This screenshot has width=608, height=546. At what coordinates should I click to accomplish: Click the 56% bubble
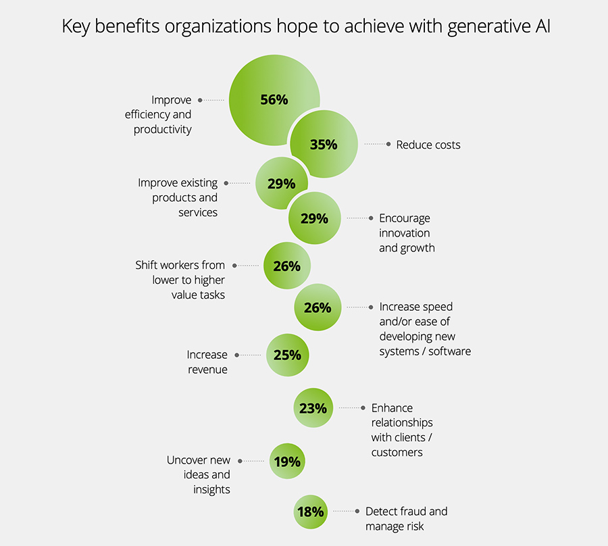point(274,99)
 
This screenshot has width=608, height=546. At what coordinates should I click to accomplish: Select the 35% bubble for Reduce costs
point(324,144)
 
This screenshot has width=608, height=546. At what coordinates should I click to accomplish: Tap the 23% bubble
point(313,407)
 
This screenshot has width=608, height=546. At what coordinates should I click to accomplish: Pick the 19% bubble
point(287,462)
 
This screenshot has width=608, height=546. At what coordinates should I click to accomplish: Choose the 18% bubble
point(311,512)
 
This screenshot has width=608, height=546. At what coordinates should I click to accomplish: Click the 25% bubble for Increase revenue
point(287,354)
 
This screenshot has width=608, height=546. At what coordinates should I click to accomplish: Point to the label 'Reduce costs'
point(428,144)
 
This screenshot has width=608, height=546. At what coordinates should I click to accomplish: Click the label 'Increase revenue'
point(207,362)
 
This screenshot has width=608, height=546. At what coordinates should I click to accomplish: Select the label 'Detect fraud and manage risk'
point(406,518)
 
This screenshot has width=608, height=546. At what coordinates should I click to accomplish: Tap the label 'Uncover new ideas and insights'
point(199,474)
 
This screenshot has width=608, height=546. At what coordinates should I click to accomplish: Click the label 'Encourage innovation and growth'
point(407,233)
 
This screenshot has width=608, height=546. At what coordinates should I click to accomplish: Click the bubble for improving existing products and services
point(281,183)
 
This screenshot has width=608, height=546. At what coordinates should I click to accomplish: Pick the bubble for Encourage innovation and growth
point(314,218)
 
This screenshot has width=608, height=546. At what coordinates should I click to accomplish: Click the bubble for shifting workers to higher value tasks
point(287,266)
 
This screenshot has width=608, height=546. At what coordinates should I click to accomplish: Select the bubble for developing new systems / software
point(318,307)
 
